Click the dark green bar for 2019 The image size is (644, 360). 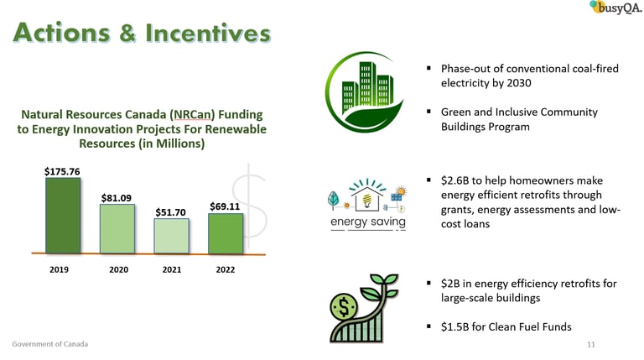pos(63,216)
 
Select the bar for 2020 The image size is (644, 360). pos(117,229)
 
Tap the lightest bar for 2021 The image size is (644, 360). pos(171,236)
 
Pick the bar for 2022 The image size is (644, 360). pos(226,233)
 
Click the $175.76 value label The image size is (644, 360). pos(62,171)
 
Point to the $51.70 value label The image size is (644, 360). pos(170,212)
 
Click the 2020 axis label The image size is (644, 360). pos(119,269)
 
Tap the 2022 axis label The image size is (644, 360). pos(226,269)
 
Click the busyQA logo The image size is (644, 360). pos(615,8)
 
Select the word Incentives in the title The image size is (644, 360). pos(208,33)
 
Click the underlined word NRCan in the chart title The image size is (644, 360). pos(193,114)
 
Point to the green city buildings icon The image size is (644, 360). pos(365,91)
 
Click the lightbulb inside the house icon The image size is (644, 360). pos(367,201)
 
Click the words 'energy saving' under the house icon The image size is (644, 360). pos(368,222)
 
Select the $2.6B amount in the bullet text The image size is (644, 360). pos(454,180)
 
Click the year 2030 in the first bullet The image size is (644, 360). pos(519,83)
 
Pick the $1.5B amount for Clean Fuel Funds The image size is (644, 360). pos(454,326)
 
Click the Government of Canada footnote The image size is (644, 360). pos(49,344)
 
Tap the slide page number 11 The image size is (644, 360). pos(591,344)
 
